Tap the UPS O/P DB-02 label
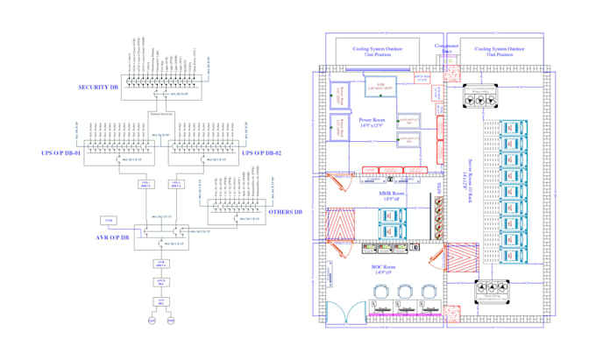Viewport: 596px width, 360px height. click(x=264, y=153)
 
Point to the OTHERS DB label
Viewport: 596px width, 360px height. click(x=285, y=211)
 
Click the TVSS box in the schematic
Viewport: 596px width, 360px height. click(x=109, y=219)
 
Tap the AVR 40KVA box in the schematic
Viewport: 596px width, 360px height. click(x=160, y=263)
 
